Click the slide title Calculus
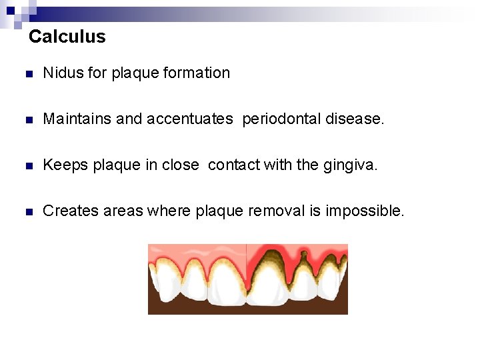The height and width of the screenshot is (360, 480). pyautogui.click(x=67, y=37)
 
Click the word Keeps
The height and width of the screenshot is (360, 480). pyautogui.click(x=63, y=165)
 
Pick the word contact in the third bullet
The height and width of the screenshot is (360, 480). pyautogui.click(x=233, y=165)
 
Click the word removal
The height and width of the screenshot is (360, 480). pyautogui.click(x=277, y=211)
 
